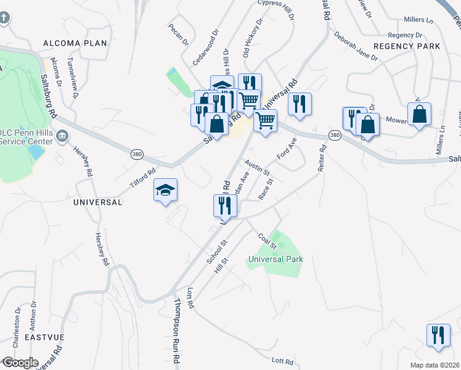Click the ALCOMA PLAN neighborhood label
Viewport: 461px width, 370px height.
[75, 43]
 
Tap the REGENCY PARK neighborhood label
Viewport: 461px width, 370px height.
[407, 46]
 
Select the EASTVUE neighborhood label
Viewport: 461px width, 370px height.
[44, 337]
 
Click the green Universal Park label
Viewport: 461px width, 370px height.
[275, 259]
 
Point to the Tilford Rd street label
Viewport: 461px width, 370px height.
[142, 179]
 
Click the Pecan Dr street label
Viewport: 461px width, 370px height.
[177, 35]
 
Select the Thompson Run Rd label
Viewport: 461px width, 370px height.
[177, 331]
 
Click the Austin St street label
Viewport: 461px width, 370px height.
[258, 168]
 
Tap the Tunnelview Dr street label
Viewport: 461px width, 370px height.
[72, 78]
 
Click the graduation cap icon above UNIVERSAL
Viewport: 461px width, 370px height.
[165, 191]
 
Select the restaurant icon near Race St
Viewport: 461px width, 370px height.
[225, 207]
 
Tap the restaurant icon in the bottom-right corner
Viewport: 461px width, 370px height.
[438, 335]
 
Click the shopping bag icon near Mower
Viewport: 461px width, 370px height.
[419, 114]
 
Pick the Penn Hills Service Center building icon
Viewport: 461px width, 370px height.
[62, 136]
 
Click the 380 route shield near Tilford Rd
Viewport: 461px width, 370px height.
[136, 153]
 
